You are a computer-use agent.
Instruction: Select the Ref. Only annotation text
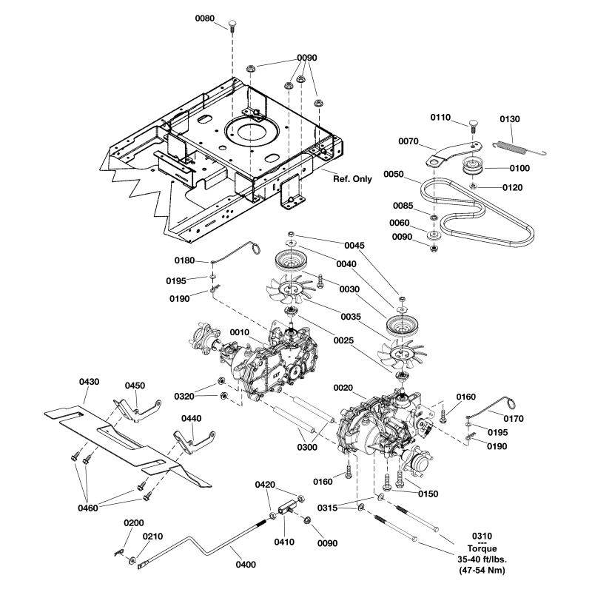click(352, 178)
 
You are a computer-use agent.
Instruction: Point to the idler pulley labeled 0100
click(469, 165)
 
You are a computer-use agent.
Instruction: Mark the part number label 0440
click(192, 418)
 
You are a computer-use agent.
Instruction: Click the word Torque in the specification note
click(482, 548)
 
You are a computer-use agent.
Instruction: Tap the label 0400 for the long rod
click(246, 565)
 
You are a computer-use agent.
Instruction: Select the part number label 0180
click(184, 260)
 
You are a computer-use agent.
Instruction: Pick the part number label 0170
click(514, 418)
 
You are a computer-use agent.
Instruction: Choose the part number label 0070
click(409, 141)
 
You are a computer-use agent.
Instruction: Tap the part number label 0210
click(153, 536)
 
